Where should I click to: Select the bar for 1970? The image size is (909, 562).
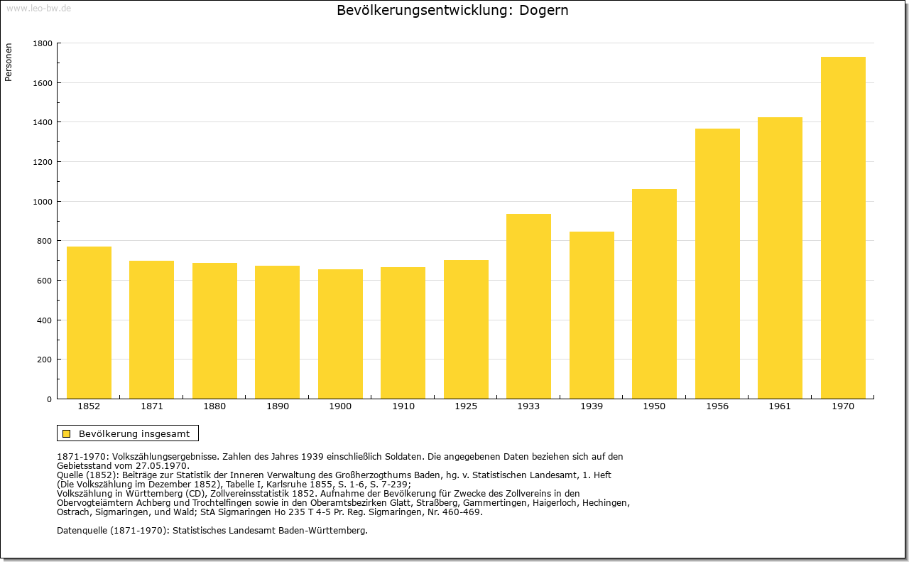tap(843, 228)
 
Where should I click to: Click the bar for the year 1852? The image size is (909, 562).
tap(89, 323)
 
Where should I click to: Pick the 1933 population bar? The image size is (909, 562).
tap(528, 306)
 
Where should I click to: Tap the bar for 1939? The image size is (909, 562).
tap(592, 315)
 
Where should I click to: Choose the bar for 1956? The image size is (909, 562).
tap(717, 264)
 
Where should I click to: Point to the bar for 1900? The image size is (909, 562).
tap(340, 334)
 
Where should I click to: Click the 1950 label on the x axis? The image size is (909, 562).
tap(654, 406)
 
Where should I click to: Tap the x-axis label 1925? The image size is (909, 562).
tap(466, 406)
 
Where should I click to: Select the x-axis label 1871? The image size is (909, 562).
tap(152, 406)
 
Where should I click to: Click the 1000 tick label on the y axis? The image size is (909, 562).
tap(43, 202)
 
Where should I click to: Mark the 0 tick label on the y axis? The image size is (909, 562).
tap(50, 399)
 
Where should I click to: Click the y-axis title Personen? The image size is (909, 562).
tap(9, 62)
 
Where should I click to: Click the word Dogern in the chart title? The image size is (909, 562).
tap(544, 11)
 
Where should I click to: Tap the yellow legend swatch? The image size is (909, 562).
tap(67, 433)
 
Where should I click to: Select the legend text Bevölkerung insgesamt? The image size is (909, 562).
tap(134, 433)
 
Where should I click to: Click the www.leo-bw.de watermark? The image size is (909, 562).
tap(38, 9)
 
